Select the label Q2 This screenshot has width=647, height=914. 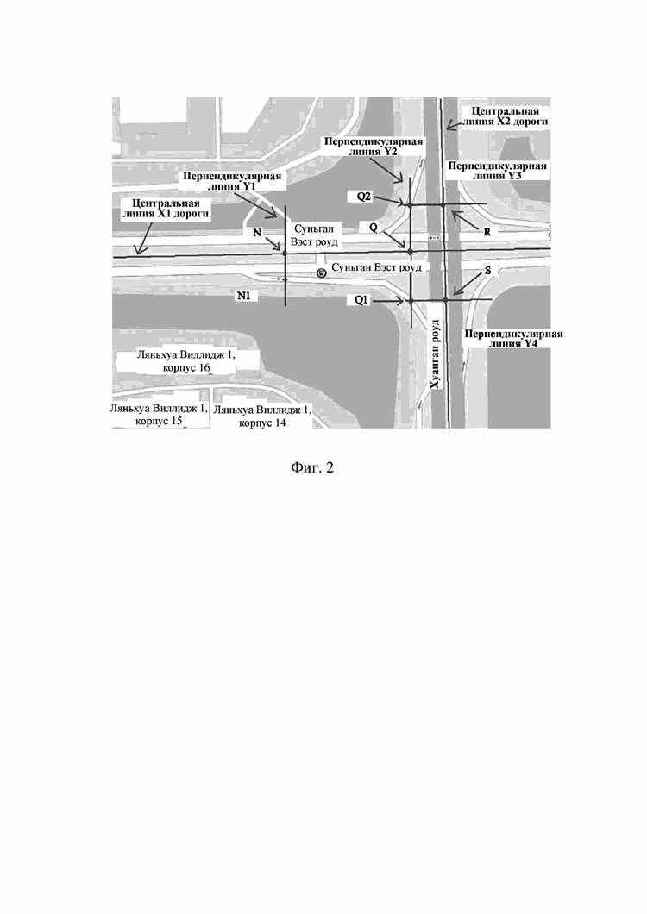[x=365, y=197]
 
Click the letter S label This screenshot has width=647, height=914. [x=488, y=270]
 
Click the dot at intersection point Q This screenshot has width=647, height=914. [x=411, y=251]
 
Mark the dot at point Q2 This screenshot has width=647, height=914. [x=410, y=204]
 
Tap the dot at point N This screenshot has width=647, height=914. [x=284, y=252]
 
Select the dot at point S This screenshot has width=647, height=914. [x=446, y=300]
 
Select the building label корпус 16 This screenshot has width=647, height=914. [x=185, y=361]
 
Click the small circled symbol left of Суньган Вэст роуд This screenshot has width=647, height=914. [x=321, y=272]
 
